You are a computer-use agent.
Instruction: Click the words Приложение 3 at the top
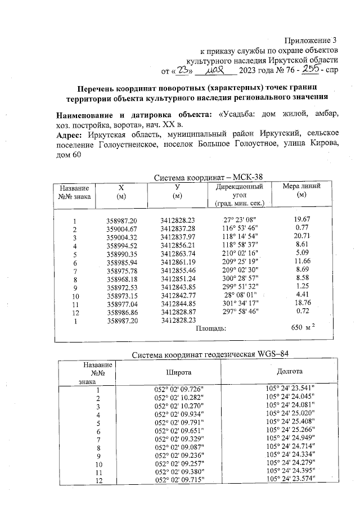(310, 40)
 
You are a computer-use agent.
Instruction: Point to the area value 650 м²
(306, 328)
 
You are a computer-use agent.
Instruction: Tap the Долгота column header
(290, 372)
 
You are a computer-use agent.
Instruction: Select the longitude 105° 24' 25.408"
(290, 420)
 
